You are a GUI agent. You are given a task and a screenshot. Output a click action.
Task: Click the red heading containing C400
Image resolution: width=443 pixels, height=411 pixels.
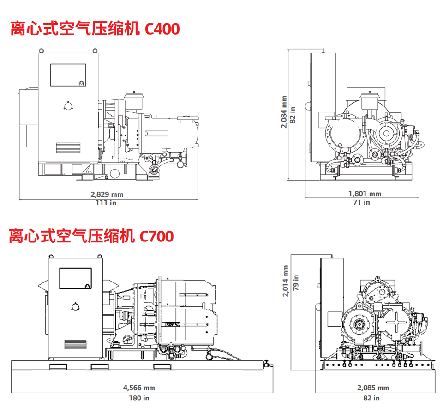pyautogui.click(x=95, y=29)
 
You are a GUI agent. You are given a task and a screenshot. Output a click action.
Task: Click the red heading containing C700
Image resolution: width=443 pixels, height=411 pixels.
pyautogui.click(x=91, y=236)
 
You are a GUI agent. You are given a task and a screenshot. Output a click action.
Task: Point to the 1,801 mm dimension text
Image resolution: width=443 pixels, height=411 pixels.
pyautogui.click(x=365, y=194)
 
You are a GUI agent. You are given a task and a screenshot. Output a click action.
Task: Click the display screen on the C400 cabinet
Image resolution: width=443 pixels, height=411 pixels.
pyautogui.click(x=68, y=75)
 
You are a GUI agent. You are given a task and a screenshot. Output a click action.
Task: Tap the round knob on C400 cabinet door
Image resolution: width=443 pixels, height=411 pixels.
pyautogui.click(x=68, y=106)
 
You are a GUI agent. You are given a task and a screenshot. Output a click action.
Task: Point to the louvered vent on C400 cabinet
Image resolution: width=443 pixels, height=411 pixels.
pyautogui.click(x=68, y=148)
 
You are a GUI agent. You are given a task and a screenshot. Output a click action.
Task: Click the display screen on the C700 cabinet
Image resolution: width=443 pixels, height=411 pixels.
pyautogui.click(x=75, y=278)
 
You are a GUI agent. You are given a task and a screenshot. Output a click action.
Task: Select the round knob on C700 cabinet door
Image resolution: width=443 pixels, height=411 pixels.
pyautogui.click(x=75, y=306)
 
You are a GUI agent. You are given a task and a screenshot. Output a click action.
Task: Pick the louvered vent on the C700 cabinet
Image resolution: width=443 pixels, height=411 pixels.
pyautogui.click(x=75, y=344)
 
